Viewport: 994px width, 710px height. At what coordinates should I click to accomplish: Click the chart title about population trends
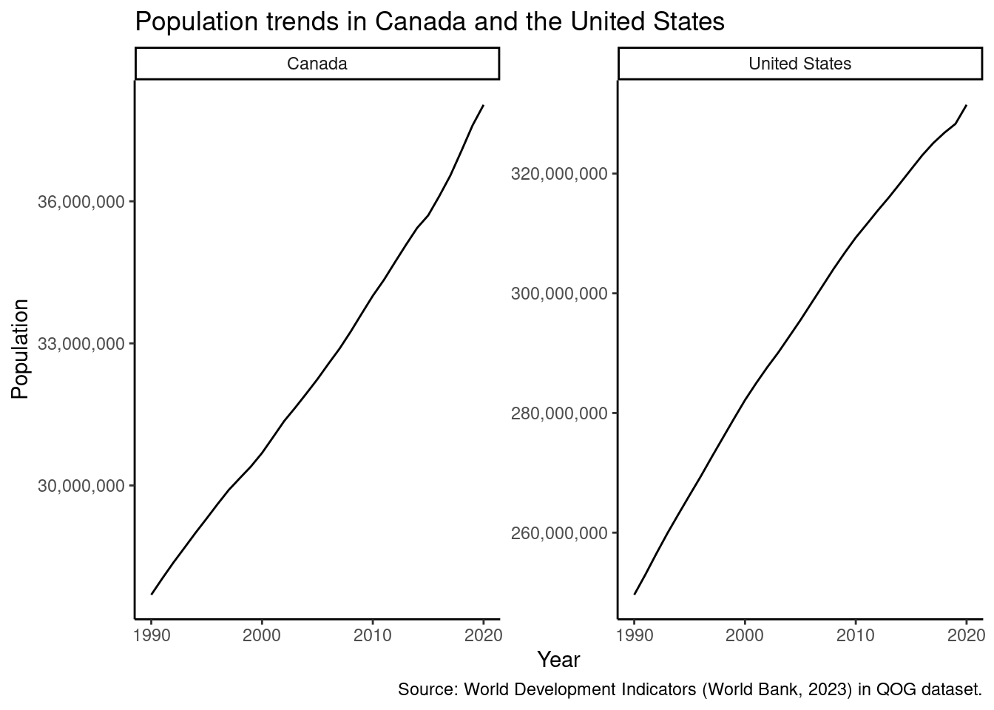(x=429, y=22)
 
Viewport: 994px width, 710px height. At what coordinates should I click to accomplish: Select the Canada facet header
(x=317, y=64)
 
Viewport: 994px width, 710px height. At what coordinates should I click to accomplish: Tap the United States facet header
(x=799, y=64)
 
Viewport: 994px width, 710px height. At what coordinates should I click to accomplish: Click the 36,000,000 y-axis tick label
(x=81, y=202)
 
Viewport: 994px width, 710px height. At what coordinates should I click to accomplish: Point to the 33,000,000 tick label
(x=81, y=344)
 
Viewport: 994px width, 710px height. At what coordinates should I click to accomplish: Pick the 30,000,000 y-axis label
(x=81, y=486)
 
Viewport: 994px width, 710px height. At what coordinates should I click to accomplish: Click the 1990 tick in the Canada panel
(x=152, y=635)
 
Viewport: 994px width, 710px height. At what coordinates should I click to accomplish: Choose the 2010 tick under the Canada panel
(x=373, y=635)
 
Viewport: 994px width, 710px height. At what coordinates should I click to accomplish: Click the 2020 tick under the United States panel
(x=966, y=635)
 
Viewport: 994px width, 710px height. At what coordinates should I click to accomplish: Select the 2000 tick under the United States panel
(x=745, y=635)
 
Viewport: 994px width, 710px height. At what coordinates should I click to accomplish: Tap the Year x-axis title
(x=558, y=659)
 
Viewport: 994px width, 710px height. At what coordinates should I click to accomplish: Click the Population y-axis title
(x=20, y=348)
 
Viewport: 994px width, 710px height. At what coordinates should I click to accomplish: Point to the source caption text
(x=689, y=690)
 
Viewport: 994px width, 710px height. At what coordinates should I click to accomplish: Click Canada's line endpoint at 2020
(x=483, y=106)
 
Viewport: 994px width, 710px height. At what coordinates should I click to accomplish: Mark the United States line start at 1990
(x=635, y=594)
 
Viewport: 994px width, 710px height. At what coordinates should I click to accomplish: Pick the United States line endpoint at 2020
(x=966, y=106)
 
